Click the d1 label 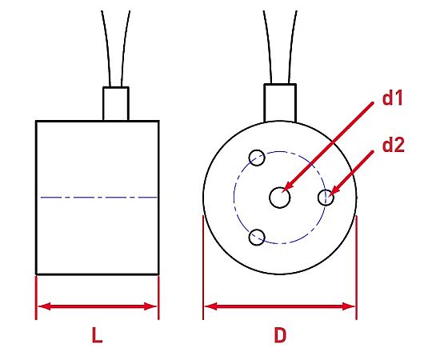[x=393, y=98]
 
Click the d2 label [x=394, y=145]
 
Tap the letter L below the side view [x=97, y=335]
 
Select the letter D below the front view [x=280, y=335]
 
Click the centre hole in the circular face [x=280, y=198]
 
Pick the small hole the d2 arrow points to [x=326, y=198]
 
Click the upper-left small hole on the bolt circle [x=257, y=158]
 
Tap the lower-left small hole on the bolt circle [x=257, y=237]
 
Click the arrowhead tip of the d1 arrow [x=283, y=191]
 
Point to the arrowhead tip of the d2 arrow [x=330, y=195]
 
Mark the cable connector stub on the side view [x=116, y=104]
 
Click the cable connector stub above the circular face [x=280, y=103]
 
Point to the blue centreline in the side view [x=98, y=198]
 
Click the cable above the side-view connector [x=116, y=49]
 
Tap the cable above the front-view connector [x=281, y=47]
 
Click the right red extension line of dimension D [x=357, y=267]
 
